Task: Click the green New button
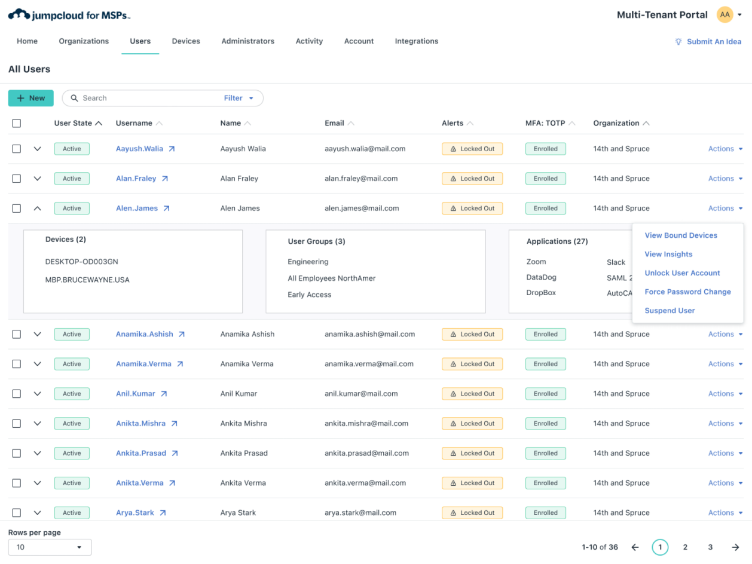(x=30, y=98)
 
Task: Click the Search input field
(x=149, y=98)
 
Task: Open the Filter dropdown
(x=239, y=98)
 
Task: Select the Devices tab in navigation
(x=186, y=41)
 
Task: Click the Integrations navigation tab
(x=416, y=41)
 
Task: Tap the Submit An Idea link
(x=708, y=42)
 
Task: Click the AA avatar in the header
(x=725, y=15)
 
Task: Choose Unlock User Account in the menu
(x=682, y=273)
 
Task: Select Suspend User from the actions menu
(x=670, y=311)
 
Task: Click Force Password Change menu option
(x=687, y=292)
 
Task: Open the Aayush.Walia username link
(x=139, y=149)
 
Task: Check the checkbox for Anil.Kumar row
(x=17, y=394)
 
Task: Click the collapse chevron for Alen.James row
(x=37, y=209)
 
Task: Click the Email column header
(x=334, y=123)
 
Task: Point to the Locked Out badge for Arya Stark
(x=472, y=513)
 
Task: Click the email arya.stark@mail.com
(x=360, y=513)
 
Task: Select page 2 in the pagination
(x=685, y=547)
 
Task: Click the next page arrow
(x=735, y=547)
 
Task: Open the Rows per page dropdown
(x=50, y=547)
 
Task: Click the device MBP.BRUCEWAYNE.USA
(x=87, y=280)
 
